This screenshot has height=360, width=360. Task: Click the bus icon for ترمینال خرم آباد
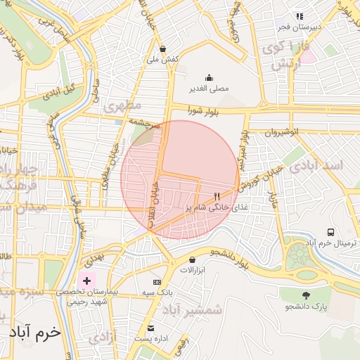(x=331, y=232)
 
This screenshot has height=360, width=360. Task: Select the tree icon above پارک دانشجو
(x=306, y=295)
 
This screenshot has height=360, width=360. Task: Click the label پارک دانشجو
(x=308, y=307)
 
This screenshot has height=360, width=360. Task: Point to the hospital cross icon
(x=86, y=281)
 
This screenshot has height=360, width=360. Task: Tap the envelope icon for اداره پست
(x=150, y=328)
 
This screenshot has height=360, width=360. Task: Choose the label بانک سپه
(x=157, y=292)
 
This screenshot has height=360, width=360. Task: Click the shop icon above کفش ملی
(x=164, y=49)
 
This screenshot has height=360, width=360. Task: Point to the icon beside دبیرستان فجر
(x=300, y=15)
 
